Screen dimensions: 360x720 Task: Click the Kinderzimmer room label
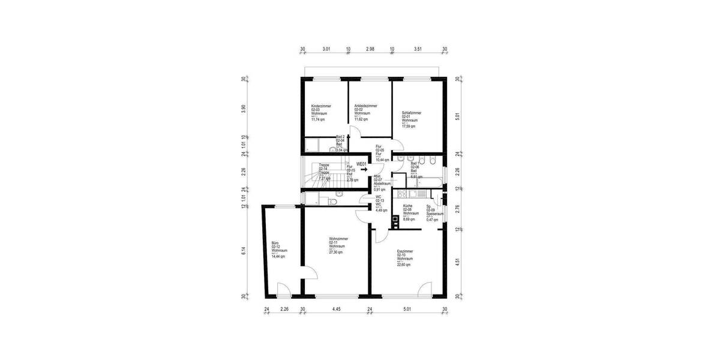pyautogui.click(x=321, y=106)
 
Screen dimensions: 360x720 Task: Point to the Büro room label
pyautogui.click(x=275, y=243)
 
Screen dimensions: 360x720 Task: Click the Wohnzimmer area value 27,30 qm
pyautogui.click(x=335, y=253)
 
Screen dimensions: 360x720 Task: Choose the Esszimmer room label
pyautogui.click(x=405, y=251)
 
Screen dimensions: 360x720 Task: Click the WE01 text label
pyautogui.click(x=361, y=164)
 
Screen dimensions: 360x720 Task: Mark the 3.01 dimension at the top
pyautogui.click(x=326, y=50)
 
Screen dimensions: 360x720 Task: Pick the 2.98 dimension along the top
pyautogui.click(x=370, y=50)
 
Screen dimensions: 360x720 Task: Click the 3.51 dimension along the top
pyautogui.click(x=418, y=50)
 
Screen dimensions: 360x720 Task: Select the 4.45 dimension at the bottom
pyautogui.click(x=336, y=310)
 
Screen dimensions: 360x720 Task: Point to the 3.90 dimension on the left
pyautogui.click(x=244, y=109)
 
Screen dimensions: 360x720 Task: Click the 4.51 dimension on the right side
pyautogui.click(x=458, y=261)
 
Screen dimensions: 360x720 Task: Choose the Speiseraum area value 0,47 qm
pyautogui.click(x=432, y=220)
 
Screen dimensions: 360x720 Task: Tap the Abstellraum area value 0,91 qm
pyautogui.click(x=380, y=190)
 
